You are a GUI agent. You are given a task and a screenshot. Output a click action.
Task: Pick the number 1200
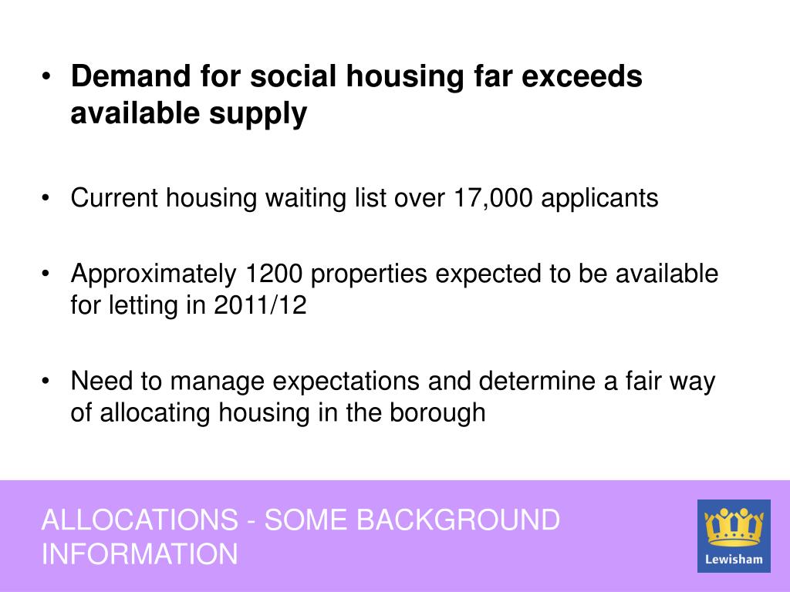tap(275, 274)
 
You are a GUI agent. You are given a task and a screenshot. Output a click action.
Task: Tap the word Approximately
tap(152, 274)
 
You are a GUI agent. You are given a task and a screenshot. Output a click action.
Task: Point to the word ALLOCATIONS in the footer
tap(140, 520)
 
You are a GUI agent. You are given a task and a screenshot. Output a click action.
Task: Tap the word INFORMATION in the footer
tap(140, 554)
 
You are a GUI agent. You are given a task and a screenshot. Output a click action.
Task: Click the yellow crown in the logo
tap(734, 526)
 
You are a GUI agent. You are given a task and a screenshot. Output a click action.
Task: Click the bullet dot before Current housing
tap(46, 197)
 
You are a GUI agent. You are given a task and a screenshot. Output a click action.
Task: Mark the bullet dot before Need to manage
tap(46, 381)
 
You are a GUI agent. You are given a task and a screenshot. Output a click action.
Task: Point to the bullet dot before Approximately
tap(46, 273)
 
